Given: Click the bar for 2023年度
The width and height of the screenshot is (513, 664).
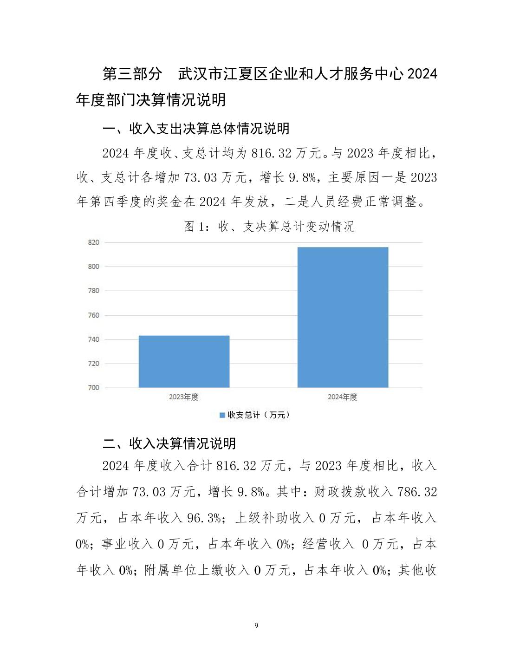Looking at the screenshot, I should (x=184, y=361).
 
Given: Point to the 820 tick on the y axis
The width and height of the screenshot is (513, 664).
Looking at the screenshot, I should (x=93, y=242).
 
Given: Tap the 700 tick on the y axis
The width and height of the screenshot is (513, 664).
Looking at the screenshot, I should (x=93, y=388).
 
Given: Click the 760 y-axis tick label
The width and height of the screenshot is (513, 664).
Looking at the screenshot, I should (x=93, y=315).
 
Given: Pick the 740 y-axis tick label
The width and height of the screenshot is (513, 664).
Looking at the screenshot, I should (x=93, y=339).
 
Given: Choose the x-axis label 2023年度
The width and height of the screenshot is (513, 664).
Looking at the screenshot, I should (x=184, y=397).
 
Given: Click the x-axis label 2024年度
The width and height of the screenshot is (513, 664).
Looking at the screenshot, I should (x=343, y=397).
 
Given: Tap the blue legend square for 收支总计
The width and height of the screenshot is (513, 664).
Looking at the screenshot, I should (x=222, y=415).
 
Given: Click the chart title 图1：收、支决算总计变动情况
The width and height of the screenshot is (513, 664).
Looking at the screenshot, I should (x=269, y=226).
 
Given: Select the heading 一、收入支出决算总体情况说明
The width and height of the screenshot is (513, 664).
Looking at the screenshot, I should (x=195, y=129).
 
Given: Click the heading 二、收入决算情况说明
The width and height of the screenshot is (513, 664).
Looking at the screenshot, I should (x=169, y=443).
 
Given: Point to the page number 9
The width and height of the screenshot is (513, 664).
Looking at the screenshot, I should (x=256, y=625).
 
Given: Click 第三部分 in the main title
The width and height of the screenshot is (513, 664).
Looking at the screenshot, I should (x=132, y=73).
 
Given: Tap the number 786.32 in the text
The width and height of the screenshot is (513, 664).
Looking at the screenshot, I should (x=417, y=492).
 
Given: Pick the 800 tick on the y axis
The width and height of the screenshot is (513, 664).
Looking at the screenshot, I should (x=93, y=267).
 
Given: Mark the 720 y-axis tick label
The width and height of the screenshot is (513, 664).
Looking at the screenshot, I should (x=93, y=364).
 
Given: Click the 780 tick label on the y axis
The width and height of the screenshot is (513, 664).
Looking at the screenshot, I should (x=93, y=291).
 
